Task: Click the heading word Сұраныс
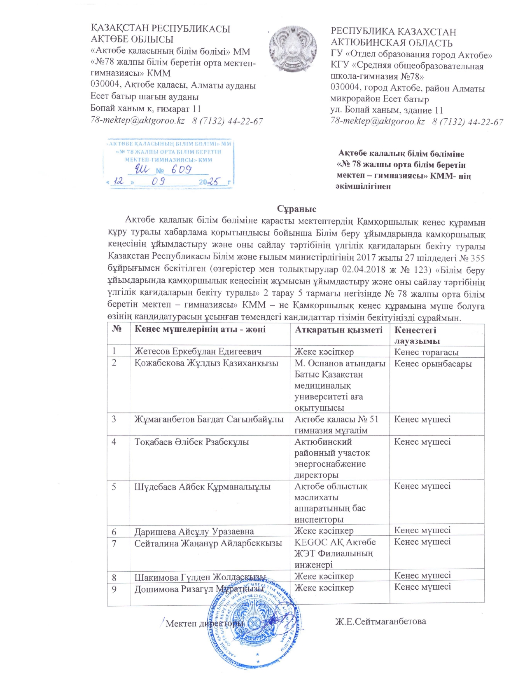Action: pos(296,209)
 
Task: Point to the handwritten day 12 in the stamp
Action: pos(119,181)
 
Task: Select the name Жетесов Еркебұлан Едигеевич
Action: pos(198,352)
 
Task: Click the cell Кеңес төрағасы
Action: pos(426,352)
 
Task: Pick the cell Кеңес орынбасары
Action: pos(433,363)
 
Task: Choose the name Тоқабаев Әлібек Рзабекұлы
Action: pos(191,442)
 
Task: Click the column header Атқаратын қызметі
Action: pos(338,330)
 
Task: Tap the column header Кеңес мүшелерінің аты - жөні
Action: pos(200,329)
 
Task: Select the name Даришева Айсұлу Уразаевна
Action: pos(194,532)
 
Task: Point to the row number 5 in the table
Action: pos(114,486)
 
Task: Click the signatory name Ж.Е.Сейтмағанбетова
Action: pos(380,621)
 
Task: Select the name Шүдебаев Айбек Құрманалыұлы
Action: pos(202,487)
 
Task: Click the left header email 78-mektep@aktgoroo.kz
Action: pos(138,121)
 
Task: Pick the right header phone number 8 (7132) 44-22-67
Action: pos(467,122)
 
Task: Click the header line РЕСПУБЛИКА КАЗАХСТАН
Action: pos(393,32)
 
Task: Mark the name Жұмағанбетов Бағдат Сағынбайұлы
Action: pos(209,419)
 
